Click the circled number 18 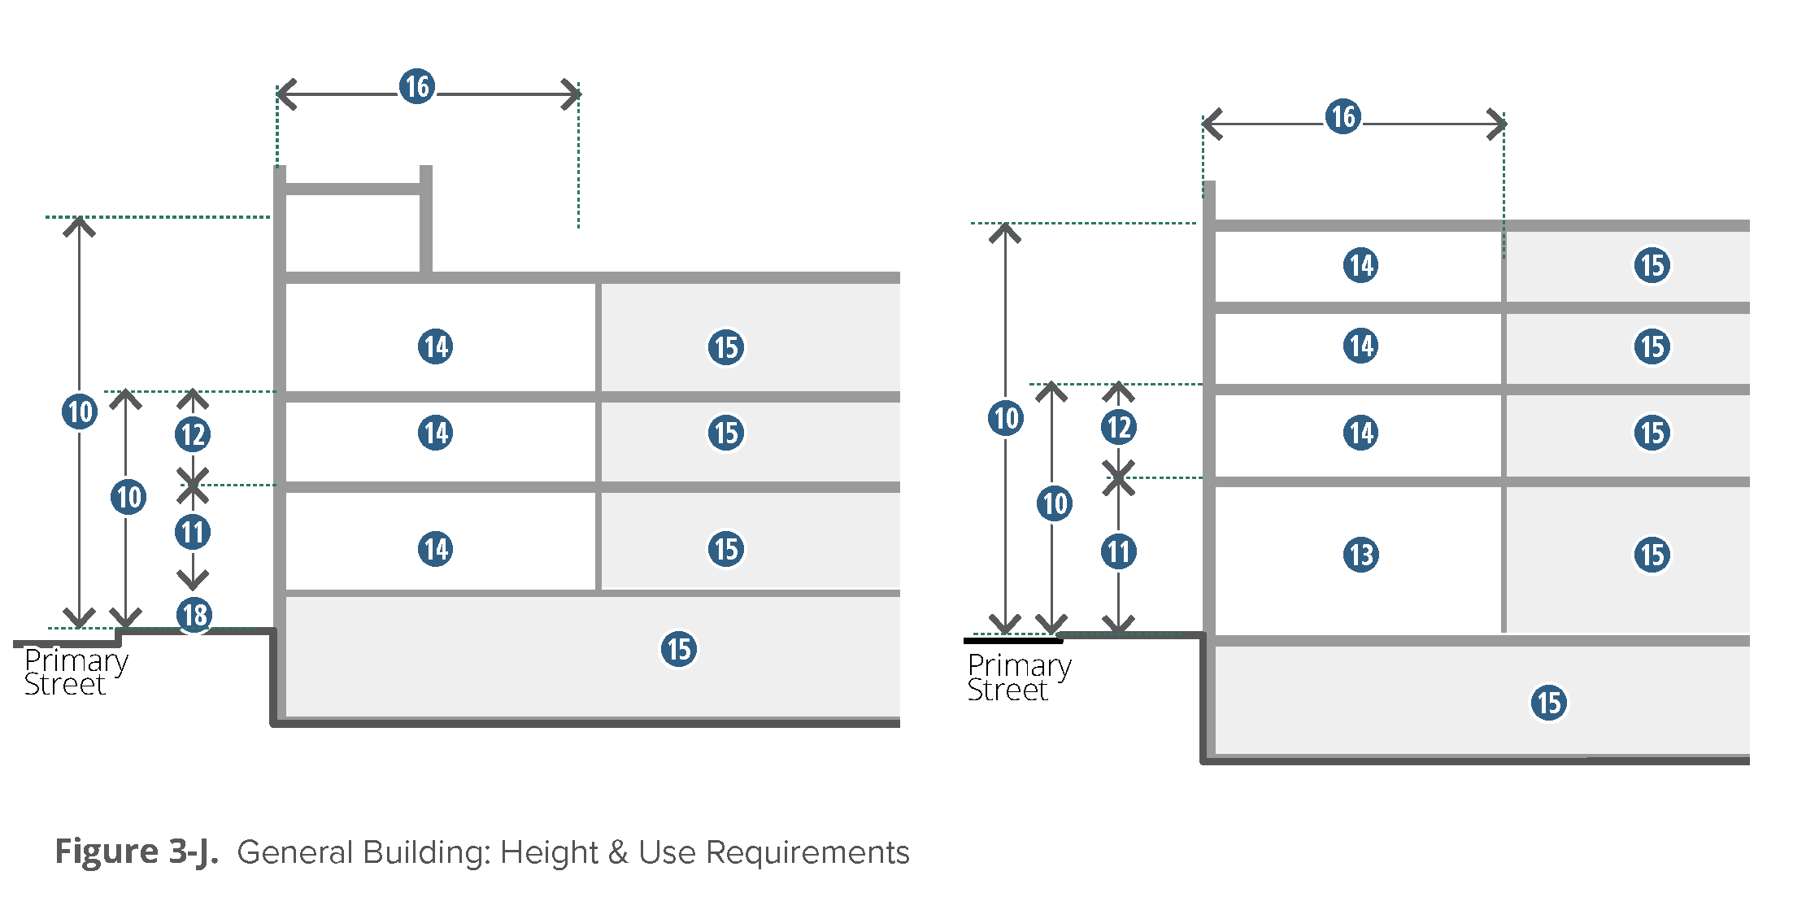pos(194,615)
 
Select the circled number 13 pos(1360,555)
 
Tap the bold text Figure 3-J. pos(136,852)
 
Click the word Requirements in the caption pos(807,852)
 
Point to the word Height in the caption pos(549,852)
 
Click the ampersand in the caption pos(618,852)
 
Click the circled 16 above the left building pos(417,86)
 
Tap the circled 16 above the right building pos(1343,116)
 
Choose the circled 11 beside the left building pos(193,533)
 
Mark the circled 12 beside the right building pos(1119,427)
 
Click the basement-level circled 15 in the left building pos(678,649)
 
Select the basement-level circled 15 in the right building pos(1548,703)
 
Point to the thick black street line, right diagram pos(1013,641)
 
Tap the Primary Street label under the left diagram pos(76,673)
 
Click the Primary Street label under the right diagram pos(1019,677)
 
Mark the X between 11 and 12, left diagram pos(193,486)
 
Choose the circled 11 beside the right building pos(1119,552)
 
